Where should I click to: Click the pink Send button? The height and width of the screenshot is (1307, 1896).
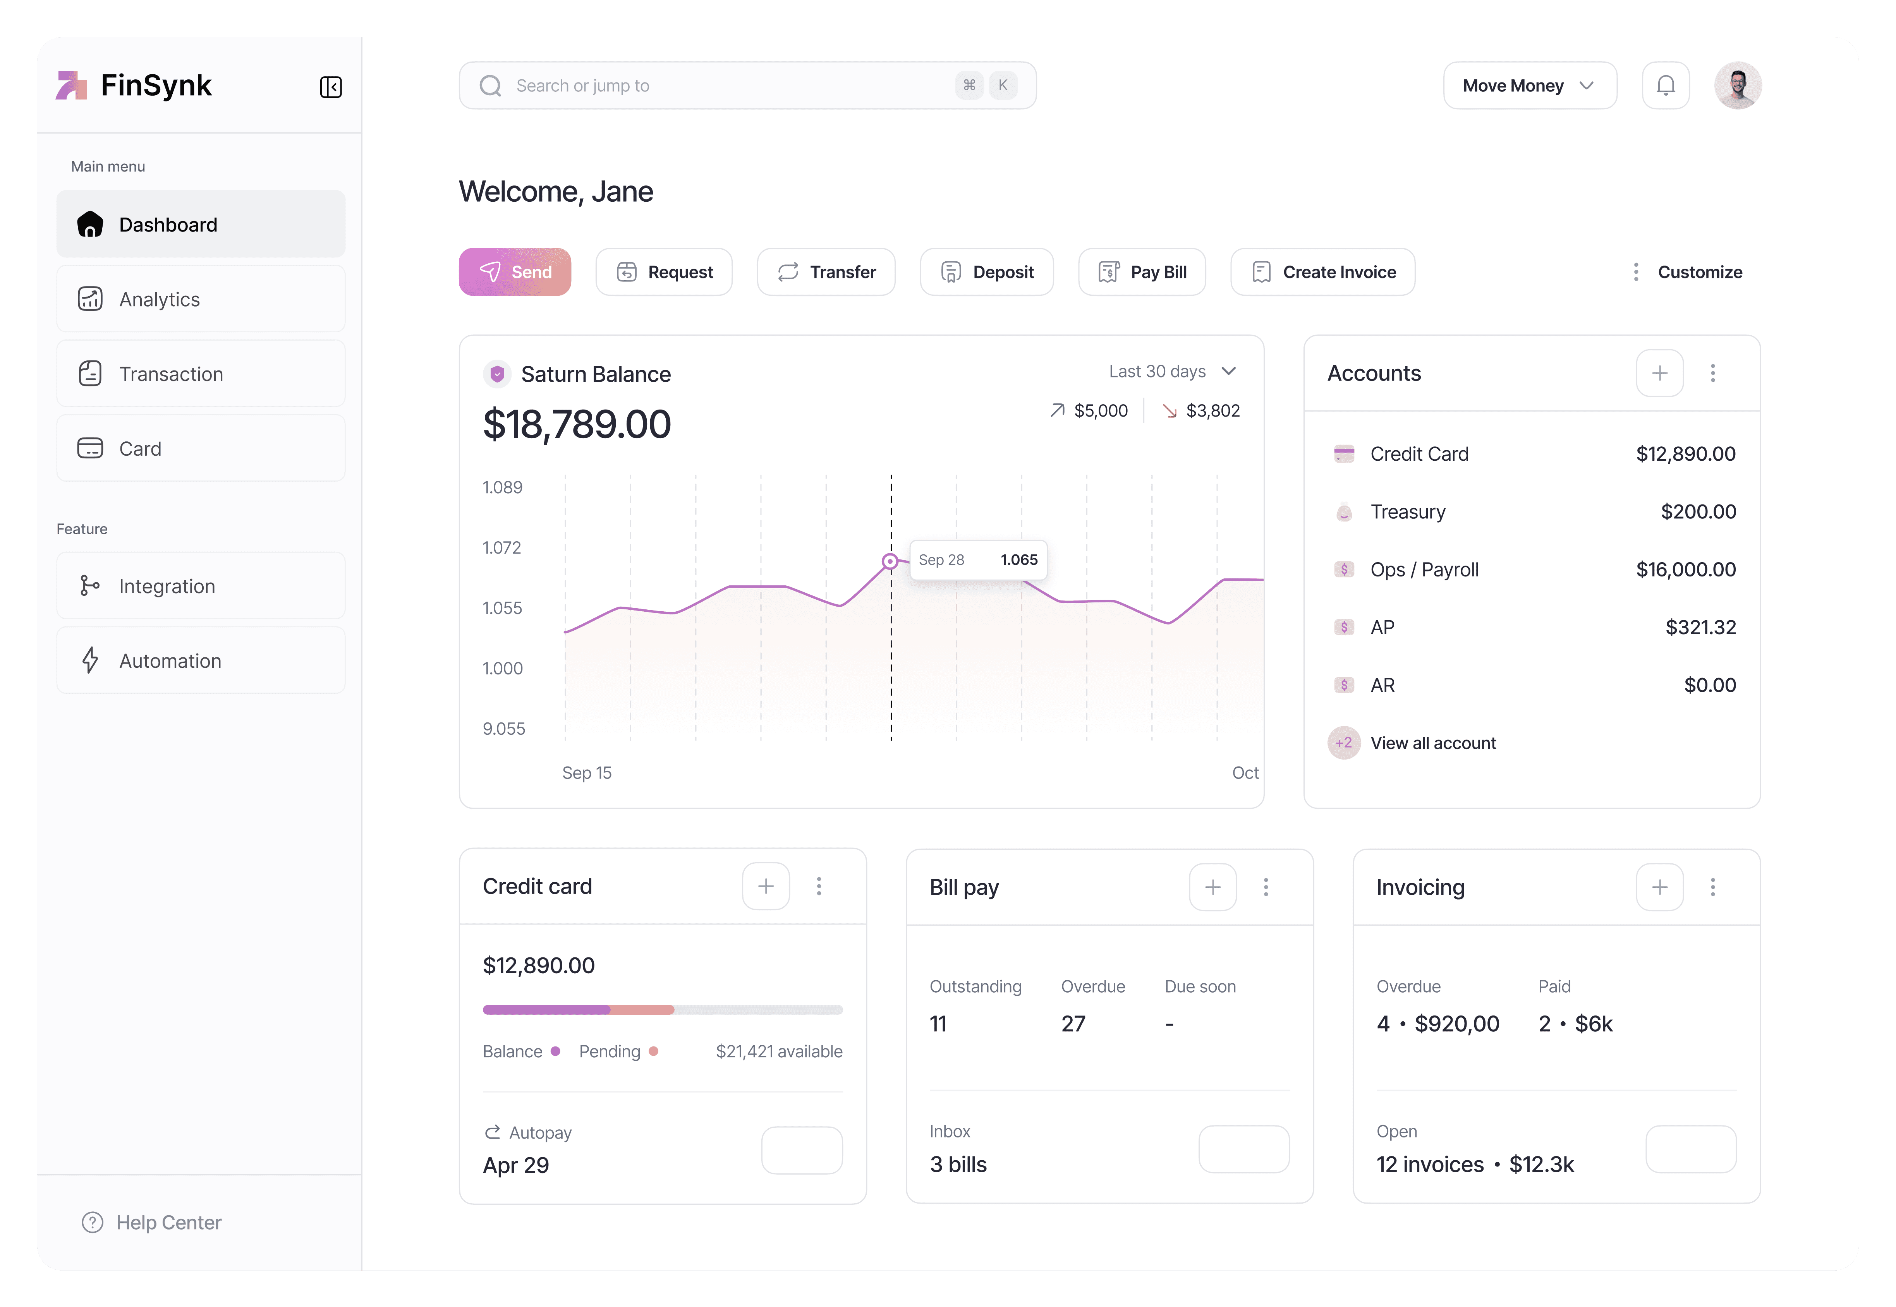pyautogui.click(x=514, y=272)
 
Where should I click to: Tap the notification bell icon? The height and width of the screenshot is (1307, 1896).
pyautogui.click(x=1665, y=85)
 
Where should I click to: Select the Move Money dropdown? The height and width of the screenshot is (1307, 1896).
pyautogui.click(x=1529, y=85)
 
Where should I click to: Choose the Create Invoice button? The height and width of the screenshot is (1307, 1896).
pyautogui.click(x=1323, y=272)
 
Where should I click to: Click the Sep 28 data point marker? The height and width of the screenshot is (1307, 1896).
pyautogui.click(x=890, y=562)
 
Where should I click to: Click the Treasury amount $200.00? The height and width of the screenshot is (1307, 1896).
pyautogui.click(x=1698, y=512)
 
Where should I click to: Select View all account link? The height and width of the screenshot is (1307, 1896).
pyautogui.click(x=1432, y=744)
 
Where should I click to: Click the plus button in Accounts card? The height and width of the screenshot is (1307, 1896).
pyautogui.click(x=1659, y=374)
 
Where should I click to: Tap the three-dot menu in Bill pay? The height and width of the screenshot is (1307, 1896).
pyautogui.click(x=1266, y=887)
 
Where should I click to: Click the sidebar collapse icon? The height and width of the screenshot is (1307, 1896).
pyautogui.click(x=331, y=87)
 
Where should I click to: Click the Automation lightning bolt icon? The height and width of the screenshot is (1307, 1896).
pyautogui.click(x=90, y=661)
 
